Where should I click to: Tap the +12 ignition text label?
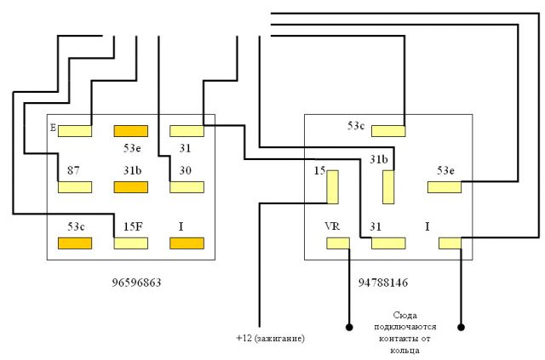coord(270,339)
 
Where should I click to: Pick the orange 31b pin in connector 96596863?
coord(130,187)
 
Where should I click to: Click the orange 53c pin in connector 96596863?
coord(74,243)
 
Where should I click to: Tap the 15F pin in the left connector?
coord(130,243)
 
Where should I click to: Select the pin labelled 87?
coord(74,187)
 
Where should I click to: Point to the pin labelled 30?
coord(186,187)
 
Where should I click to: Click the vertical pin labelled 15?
coord(332,186)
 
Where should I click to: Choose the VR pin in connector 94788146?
coord(337,243)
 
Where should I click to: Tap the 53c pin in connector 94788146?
coord(388,131)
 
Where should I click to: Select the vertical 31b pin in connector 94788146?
coord(388,186)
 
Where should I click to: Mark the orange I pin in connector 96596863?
coord(186,243)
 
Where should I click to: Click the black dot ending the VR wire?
coord(348,326)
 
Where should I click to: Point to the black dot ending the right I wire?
coord(462,326)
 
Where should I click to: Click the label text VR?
coord(332,227)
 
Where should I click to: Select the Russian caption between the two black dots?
coord(405,331)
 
